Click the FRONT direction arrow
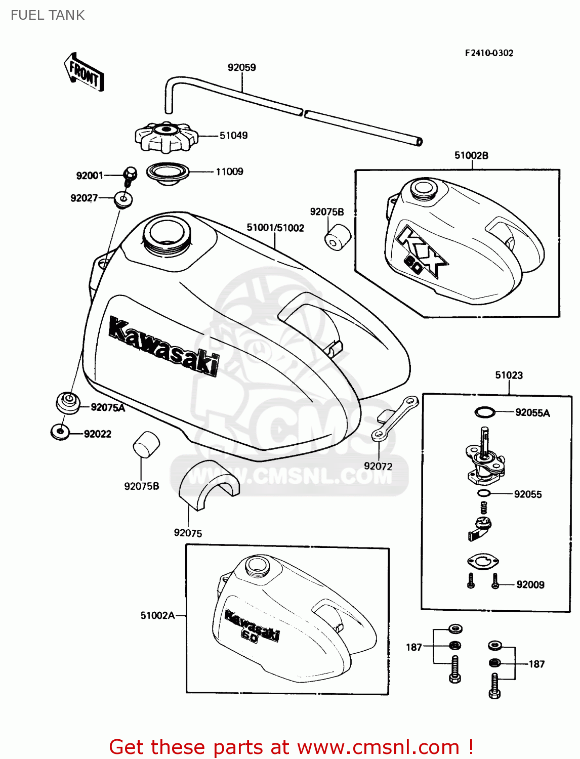point(85,72)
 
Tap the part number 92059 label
point(241,67)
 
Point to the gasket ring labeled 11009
point(168,172)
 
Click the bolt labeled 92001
point(130,175)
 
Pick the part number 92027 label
point(84,198)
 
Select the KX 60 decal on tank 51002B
point(422,251)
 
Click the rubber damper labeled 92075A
point(67,402)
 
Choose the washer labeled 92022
point(60,432)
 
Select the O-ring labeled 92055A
point(484,412)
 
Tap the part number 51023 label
point(509,375)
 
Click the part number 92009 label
point(530,585)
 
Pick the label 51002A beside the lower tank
point(157,616)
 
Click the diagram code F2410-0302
point(489,53)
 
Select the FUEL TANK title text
point(48,15)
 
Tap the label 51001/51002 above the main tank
point(275,228)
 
